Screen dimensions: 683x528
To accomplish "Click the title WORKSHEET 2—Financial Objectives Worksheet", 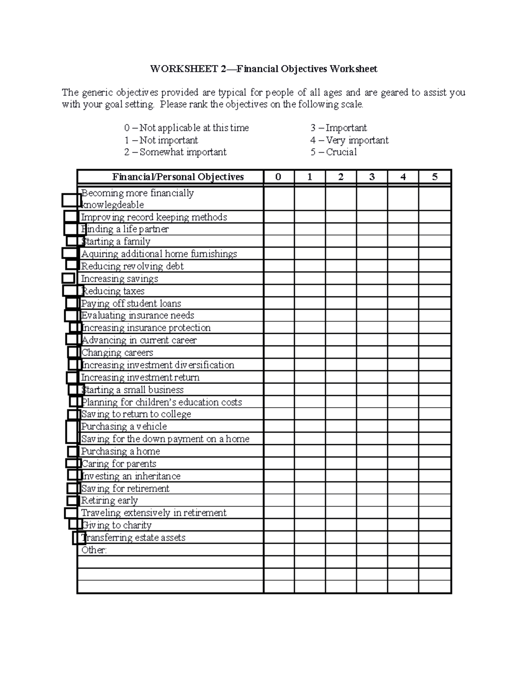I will point(264,69).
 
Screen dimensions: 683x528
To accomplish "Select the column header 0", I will point(279,177).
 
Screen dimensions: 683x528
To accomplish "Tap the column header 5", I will point(435,177).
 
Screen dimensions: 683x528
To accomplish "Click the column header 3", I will point(372,177).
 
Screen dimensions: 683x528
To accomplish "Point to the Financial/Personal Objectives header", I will point(178,177).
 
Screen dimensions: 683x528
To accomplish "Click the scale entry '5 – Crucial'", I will point(334,152).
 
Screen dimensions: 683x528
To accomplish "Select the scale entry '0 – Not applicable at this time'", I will point(187,128).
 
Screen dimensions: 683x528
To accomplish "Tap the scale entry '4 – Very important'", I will point(349,140).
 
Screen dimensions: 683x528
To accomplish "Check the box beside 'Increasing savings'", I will point(68,278).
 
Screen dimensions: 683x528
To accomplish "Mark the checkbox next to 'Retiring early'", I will point(72,500).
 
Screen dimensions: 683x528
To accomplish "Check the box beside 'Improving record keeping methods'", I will point(71,216).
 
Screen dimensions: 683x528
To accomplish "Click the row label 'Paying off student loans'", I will point(131,303).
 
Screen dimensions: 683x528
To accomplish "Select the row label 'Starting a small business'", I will point(132,390).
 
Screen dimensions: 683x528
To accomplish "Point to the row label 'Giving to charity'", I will point(117,525).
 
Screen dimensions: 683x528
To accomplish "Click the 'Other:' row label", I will point(94,550).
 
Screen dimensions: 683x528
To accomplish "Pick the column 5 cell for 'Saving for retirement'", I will point(435,488).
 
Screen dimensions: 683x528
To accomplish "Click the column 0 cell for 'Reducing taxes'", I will point(279,291).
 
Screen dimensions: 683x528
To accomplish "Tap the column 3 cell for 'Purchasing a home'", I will point(372,451).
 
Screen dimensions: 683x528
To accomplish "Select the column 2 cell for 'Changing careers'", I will point(341,353).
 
